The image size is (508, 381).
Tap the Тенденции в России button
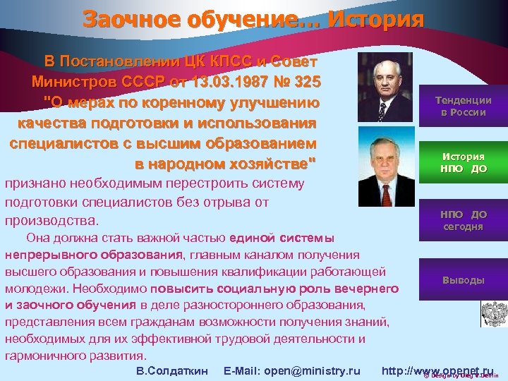(x=464, y=107)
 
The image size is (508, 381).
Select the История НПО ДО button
(x=464, y=162)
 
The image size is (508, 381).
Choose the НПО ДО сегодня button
(x=464, y=219)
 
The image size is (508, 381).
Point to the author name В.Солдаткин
(x=171, y=371)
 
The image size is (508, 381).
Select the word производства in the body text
(x=51, y=220)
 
